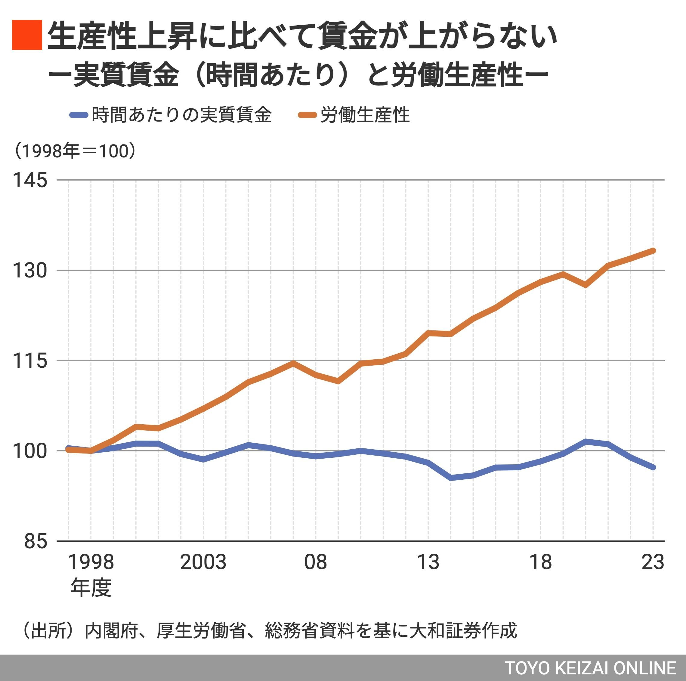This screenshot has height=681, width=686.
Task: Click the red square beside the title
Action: pyautogui.click(x=27, y=35)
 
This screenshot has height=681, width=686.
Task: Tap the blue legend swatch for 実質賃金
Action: pyautogui.click(x=79, y=115)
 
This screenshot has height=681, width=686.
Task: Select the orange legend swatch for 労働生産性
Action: pyautogui.click(x=307, y=115)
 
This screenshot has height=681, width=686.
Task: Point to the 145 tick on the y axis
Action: pyautogui.click(x=30, y=180)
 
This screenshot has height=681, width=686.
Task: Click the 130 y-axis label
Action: pyautogui.click(x=30, y=271)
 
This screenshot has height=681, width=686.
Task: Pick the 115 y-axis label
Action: pyautogui.click(x=30, y=361)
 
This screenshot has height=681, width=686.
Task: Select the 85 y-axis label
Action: pyautogui.click(x=36, y=541)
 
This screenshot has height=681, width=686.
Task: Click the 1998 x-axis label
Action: pyautogui.click(x=91, y=562)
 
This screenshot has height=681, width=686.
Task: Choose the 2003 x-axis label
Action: pyautogui.click(x=203, y=562)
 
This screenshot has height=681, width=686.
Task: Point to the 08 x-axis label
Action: pyautogui.click(x=315, y=562)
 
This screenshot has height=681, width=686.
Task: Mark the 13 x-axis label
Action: pyautogui.click(x=428, y=562)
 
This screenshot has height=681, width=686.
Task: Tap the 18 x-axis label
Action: pyautogui.click(x=540, y=562)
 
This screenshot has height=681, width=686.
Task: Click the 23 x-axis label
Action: pyautogui.click(x=653, y=562)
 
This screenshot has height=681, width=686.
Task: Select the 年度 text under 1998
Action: pyautogui.click(x=91, y=587)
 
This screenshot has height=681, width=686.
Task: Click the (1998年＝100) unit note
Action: pyautogui.click(x=75, y=151)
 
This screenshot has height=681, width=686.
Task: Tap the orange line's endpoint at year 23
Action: pyautogui.click(x=653, y=251)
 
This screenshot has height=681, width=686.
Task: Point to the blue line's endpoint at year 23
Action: pyautogui.click(x=653, y=467)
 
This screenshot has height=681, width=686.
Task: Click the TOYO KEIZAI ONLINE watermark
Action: pyautogui.click(x=590, y=668)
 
